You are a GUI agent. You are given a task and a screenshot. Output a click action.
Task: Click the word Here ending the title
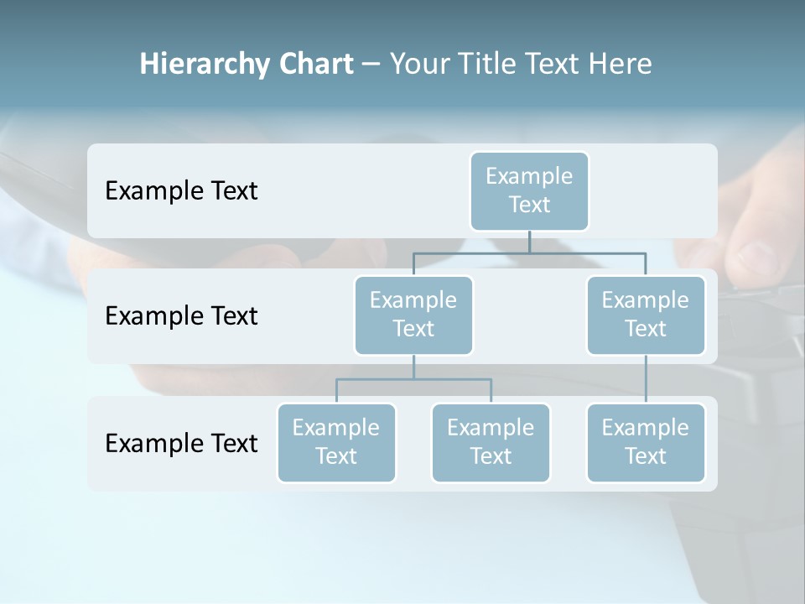621,65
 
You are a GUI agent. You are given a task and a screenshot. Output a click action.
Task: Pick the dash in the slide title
371,65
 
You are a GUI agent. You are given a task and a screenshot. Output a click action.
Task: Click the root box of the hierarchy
529,190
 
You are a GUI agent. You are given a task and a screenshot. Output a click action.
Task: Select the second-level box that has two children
413,315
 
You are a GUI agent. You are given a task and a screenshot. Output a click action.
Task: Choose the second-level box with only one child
646,315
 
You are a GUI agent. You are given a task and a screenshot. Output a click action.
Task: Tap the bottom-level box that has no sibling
646,442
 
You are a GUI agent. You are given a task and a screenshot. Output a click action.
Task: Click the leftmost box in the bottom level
336,442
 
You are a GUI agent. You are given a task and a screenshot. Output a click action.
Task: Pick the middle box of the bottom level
491,442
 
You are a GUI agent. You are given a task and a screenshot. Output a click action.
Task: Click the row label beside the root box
181,191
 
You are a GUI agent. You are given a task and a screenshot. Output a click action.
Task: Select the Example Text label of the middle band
181,316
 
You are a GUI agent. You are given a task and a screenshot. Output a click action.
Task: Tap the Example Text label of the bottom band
181,443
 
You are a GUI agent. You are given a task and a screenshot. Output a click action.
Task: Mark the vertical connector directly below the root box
529,242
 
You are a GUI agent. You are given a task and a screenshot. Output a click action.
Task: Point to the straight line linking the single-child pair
646,379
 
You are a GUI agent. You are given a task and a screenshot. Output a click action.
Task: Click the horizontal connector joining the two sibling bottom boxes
413,379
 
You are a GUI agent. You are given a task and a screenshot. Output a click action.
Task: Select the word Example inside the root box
529,176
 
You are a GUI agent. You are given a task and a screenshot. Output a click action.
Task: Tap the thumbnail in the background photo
759,258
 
